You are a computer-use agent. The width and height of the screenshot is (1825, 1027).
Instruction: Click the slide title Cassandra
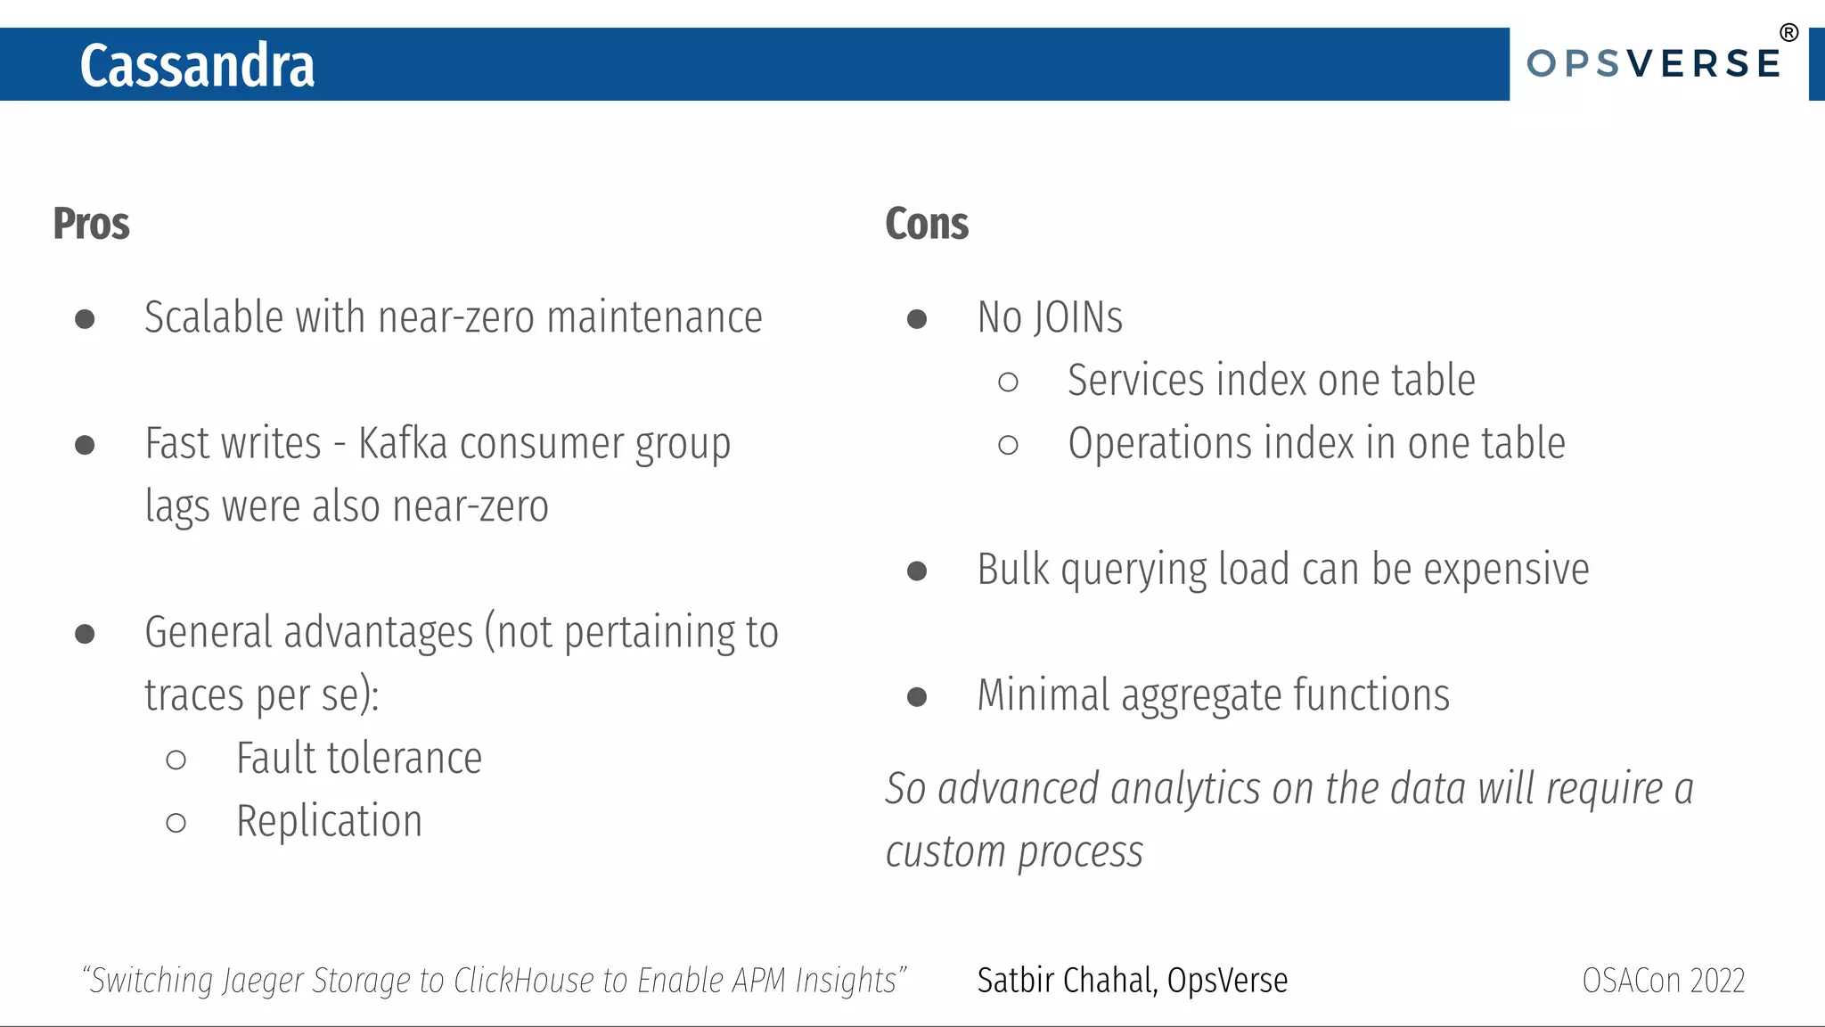tap(197, 66)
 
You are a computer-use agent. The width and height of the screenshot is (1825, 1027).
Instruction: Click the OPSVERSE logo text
tap(1653, 64)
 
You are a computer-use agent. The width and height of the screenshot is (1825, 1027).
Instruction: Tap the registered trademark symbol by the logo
tap(1788, 33)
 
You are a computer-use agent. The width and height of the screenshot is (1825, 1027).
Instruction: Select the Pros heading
tap(91, 224)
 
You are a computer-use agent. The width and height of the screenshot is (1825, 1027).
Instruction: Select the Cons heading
tap(926, 224)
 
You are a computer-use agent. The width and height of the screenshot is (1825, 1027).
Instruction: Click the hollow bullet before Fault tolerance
tap(176, 760)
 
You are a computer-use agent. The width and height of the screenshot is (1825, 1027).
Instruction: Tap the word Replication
tap(329, 821)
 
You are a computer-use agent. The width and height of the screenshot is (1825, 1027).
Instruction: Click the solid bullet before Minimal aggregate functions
tap(916, 696)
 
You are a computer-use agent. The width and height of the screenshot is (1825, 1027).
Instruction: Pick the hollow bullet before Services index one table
tap(1008, 382)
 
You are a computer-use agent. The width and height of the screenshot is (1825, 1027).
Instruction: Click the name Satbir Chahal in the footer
tap(1066, 981)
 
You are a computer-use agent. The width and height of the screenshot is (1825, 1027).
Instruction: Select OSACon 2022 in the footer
tap(1663, 981)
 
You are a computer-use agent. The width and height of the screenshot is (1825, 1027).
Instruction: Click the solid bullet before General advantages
tap(85, 634)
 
